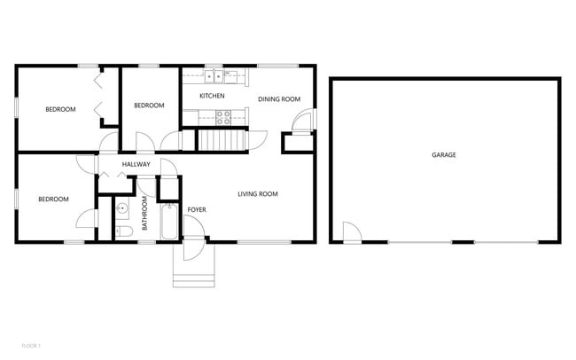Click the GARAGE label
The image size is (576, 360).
click(444, 155)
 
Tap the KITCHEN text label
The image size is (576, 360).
click(212, 96)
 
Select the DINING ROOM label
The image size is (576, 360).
click(279, 99)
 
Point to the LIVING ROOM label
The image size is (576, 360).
click(258, 194)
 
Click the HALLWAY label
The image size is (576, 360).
click(136, 165)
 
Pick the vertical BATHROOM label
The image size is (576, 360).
click(144, 214)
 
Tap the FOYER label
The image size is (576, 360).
click(196, 210)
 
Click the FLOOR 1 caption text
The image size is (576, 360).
click(32, 345)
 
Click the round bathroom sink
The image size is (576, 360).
click(123, 209)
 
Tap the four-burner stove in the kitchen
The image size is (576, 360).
click(223, 116)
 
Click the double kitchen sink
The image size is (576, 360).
click(212, 76)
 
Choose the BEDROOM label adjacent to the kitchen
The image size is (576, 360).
click(149, 106)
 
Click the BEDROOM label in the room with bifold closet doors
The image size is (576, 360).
click(60, 110)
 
